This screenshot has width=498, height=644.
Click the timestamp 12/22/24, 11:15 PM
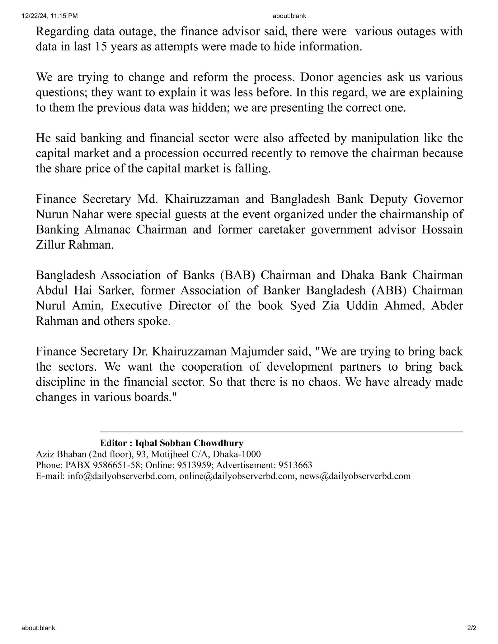(50, 16)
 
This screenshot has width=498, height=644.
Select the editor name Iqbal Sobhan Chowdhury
(189, 443)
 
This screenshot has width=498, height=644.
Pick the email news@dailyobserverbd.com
(355, 476)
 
